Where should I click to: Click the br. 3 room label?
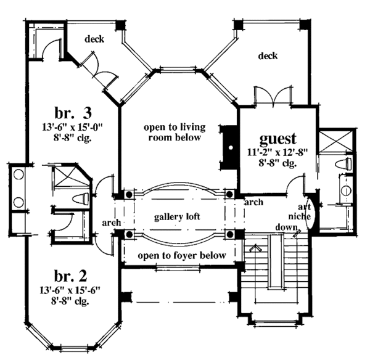pyautogui.click(x=73, y=113)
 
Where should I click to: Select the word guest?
pyautogui.click(x=277, y=139)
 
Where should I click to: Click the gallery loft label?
pyautogui.click(x=177, y=217)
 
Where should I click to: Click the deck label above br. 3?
pyautogui.click(x=94, y=39)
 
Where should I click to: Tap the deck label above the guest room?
pyautogui.click(x=268, y=56)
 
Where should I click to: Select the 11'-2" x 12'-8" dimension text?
pyautogui.click(x=277, y=152)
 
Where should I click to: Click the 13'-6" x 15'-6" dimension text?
pyautogui.click(x=70, y=290)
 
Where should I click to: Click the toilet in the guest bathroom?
pyautogui.click(x=344, y=164)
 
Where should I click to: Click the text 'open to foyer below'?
pyautogui.click(x=182, y=255)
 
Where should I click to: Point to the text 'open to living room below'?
pyautogui.click(x=175, y=132)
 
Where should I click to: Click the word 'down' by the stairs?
pyautogui.click(x=287, y=227)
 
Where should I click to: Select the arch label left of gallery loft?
pyautogui.click(x=112, y=223)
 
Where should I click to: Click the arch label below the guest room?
pyautogui.click(x=253, y=202)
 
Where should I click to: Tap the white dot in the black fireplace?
pyautogui.click(x=231, y=148)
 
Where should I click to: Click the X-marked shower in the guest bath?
pyautogui.click(x=336, y=141)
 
